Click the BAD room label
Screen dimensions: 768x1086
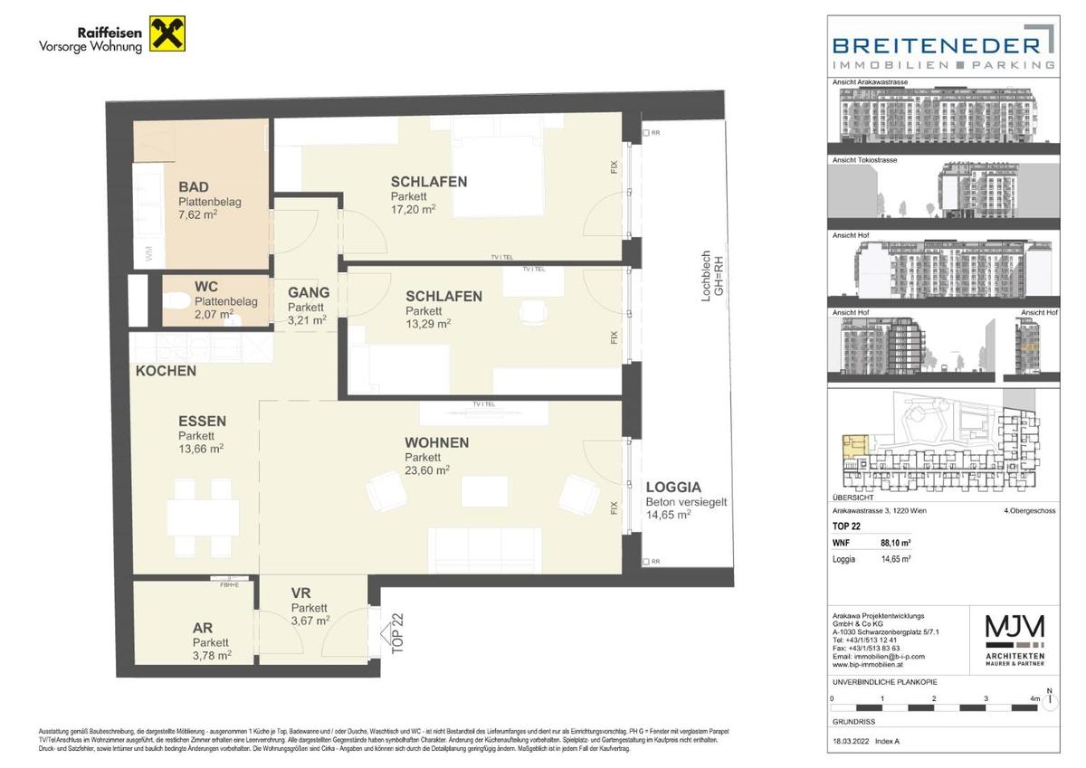(x=194, y=186)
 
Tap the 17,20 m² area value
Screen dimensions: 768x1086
(x=414, y=209)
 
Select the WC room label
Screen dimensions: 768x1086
(x=206, y=287)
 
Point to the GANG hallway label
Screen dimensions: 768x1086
(x=308, y=292)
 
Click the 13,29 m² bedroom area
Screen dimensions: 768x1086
(x=428, y=323)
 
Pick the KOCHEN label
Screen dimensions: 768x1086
(x=166, y=371)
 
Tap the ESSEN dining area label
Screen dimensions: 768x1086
(x=202, y=421)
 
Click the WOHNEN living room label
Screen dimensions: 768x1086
(x=436, y=442)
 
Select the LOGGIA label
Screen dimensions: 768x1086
(x=672, y=487)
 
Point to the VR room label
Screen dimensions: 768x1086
(x=300, y=593)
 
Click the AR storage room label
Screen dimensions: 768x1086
(x=202, y=627)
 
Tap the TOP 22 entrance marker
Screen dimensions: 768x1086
(x=395, y=632)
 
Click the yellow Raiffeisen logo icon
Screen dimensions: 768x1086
(x=167, y=34)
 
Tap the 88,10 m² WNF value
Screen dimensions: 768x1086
(x=895, y=544)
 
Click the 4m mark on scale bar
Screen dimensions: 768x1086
(x=1034, y=700)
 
